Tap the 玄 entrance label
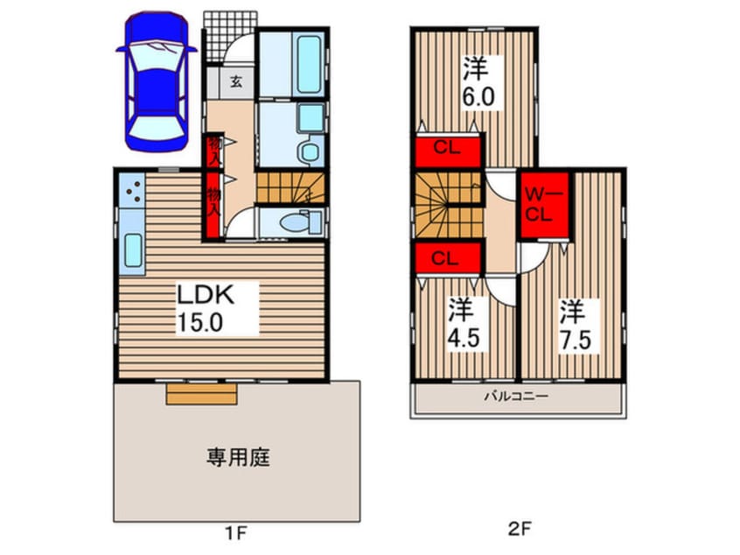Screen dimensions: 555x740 pos(235,83)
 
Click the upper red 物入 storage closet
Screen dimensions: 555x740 pos(213,151)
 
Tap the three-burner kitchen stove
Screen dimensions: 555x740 pos(133,186)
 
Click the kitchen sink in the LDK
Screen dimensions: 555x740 pos(132,250)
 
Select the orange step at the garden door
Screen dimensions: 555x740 pos(202,396)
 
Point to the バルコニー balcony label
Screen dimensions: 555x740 pos(517,397)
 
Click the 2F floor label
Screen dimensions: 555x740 pos(518,530)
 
